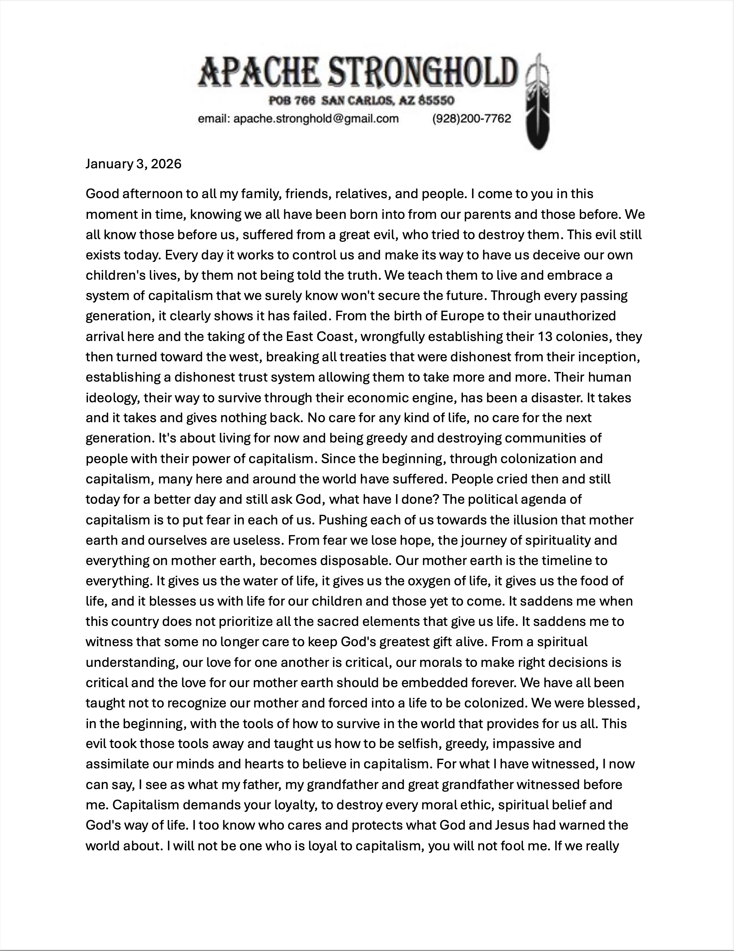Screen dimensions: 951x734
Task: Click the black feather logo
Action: pos(539,102)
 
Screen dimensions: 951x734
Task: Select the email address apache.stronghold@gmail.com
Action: pos(316,119)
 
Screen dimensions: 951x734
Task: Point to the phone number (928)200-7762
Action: pos(471,119)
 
